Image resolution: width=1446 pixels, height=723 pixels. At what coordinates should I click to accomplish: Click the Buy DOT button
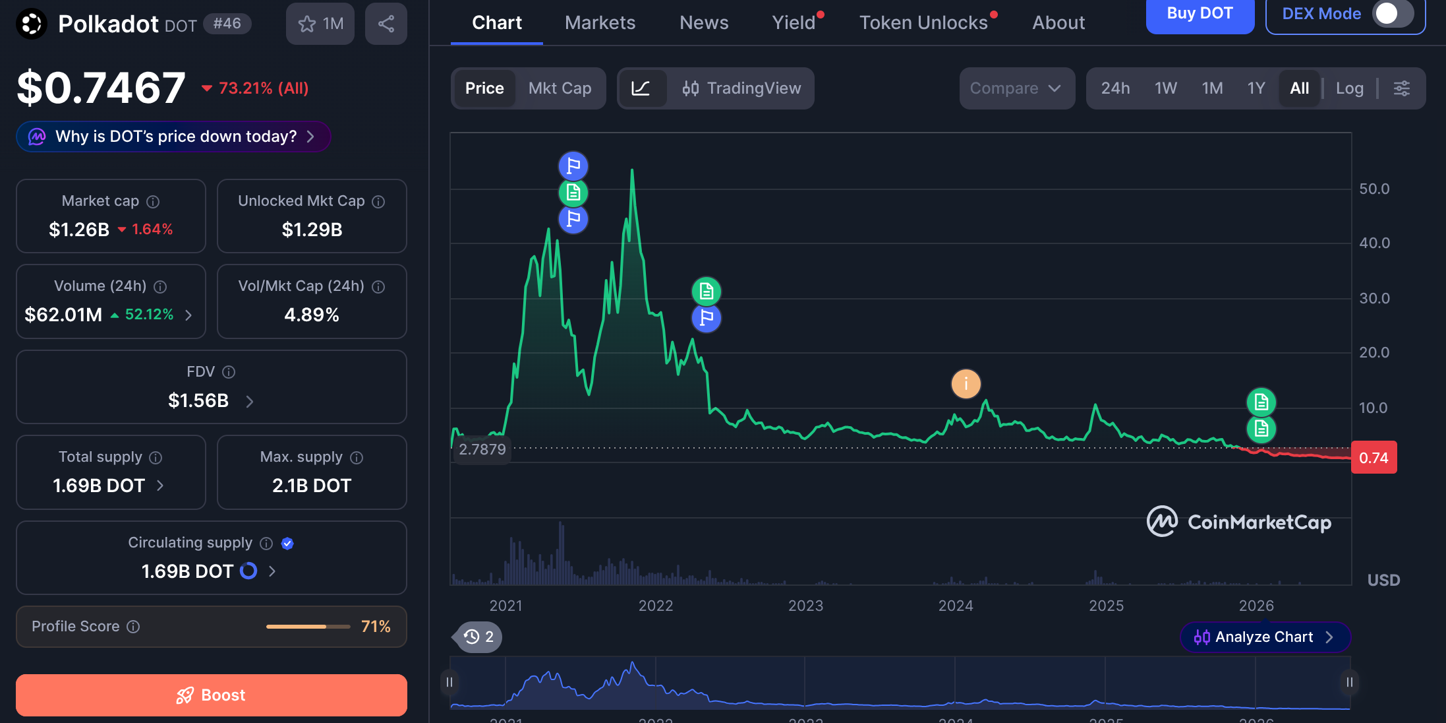pos(1200,15)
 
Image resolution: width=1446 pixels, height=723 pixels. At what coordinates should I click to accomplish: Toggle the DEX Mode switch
pos(1392,14)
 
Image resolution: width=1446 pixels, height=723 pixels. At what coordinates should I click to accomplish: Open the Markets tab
pos(600,23)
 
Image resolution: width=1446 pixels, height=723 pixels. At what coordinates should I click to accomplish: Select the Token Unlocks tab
pos(923,23)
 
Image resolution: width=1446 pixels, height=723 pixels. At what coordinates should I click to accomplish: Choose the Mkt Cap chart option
pos(560,88)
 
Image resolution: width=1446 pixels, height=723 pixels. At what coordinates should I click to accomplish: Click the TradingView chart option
pos(741,88)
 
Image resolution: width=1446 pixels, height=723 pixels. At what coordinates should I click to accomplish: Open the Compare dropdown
pos(1016,88)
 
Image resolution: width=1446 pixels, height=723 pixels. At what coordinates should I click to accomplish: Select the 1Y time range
pos(1256,88)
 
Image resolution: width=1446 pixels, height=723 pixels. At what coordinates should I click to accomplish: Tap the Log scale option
pos(1349,88)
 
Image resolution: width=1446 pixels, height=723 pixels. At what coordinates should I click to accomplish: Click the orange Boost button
pos(211,695)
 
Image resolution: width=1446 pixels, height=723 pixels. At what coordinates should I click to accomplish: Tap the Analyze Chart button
pos(1265,637)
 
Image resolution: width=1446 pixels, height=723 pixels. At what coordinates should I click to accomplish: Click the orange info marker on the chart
pos(966,383)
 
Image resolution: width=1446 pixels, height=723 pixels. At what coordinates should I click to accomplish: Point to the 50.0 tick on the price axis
pos(1374,189)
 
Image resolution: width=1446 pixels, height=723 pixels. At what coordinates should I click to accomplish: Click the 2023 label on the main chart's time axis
pos(805,606)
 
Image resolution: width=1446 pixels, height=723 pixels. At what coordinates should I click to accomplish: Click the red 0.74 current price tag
pos(1374,458)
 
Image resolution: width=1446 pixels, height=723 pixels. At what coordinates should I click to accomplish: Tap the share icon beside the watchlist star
pos(386,24)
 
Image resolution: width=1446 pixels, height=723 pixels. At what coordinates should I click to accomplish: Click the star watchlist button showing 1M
pos(320,24)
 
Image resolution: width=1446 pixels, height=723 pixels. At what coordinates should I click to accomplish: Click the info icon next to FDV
pos(229,372)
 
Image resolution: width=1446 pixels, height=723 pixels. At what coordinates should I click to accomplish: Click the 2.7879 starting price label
pos(482,449)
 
